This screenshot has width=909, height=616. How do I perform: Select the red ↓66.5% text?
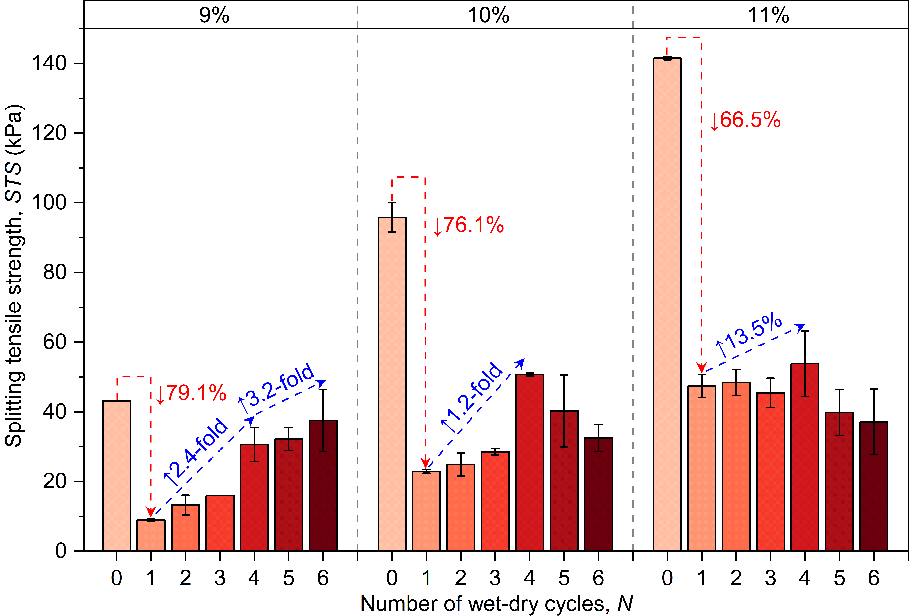coord(745,120)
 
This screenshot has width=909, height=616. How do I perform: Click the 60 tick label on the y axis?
coord(55,342)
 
